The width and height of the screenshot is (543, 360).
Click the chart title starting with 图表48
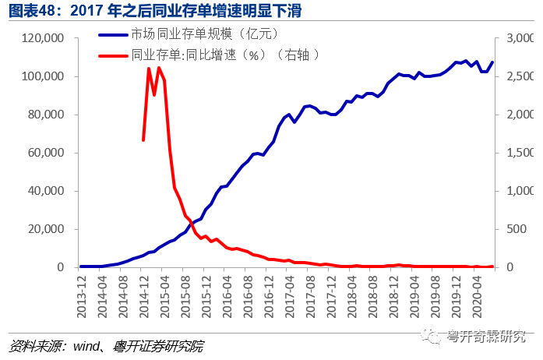pos(155,10)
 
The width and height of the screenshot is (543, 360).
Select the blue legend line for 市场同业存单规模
pos(113,34)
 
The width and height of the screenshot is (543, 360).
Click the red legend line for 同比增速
pos(113,55)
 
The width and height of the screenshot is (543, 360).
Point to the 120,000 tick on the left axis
pos(43,38)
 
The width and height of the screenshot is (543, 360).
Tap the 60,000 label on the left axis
pos(46,153)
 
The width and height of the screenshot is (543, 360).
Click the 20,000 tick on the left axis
pos(46,229)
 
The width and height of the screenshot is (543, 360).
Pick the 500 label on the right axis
pos(517,229)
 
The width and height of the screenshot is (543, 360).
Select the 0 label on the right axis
pos(510,267)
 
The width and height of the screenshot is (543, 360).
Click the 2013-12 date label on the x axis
pos(81,297)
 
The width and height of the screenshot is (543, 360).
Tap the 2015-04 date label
pos(164,297)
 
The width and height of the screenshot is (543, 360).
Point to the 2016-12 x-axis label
pos(269,297)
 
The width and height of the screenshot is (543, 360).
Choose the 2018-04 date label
pos(352,297)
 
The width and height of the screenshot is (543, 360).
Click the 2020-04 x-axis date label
pos(477,297)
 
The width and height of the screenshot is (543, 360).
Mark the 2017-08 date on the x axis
pos(310,297)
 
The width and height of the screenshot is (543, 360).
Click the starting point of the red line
pos(143,140)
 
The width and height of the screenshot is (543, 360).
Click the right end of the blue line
pos(492,62)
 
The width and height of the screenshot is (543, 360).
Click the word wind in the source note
pos(86,346)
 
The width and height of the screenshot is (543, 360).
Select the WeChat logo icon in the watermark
pos(431,335)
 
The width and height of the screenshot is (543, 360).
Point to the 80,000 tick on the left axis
pos(46,115)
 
